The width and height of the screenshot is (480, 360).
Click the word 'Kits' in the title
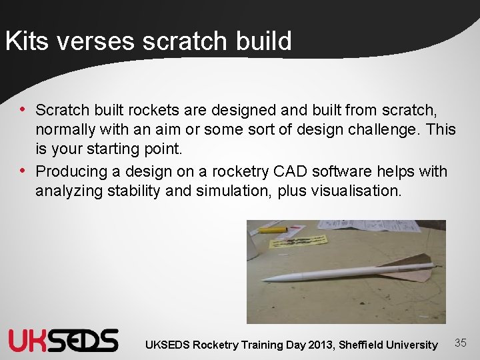pyautogui.click(x=27, y=41)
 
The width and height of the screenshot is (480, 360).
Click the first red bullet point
pyautogui.click(x=23, y=109)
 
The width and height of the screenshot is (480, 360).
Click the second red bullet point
pyautogui.click(x=23, y=171)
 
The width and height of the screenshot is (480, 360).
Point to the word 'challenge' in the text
pyautogui.click(x=379, y=129)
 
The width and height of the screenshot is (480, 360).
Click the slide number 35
pyautogui.click(x=460, y=343)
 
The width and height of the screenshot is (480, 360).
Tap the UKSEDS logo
pyautogui.click(x=63, y=340)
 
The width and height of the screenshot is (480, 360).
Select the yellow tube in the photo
pyautogui.click(x=273, y=229)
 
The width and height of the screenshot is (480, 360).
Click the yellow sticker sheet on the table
pyautogui.click(x=299, y=239)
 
